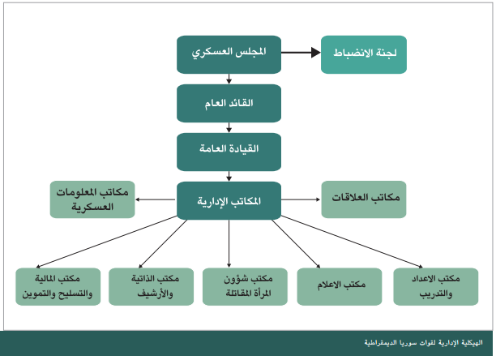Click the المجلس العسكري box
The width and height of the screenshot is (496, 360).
coord(229,54)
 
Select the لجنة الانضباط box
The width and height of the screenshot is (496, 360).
coord(362,54)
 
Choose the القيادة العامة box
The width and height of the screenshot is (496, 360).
coord(229,150)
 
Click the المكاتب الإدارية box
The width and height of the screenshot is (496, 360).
coord(229,199)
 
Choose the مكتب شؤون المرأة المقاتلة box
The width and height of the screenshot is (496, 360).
coord(243,285)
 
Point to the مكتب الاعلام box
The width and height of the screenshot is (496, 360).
coord(339,285)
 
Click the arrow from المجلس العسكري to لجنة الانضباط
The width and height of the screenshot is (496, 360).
coord(300,54)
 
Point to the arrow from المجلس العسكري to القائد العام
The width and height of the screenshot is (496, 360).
coord(229,79)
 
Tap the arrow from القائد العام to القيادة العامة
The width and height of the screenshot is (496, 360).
coord(229,126)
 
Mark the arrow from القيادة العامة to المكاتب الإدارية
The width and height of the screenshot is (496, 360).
coord(229,174)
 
